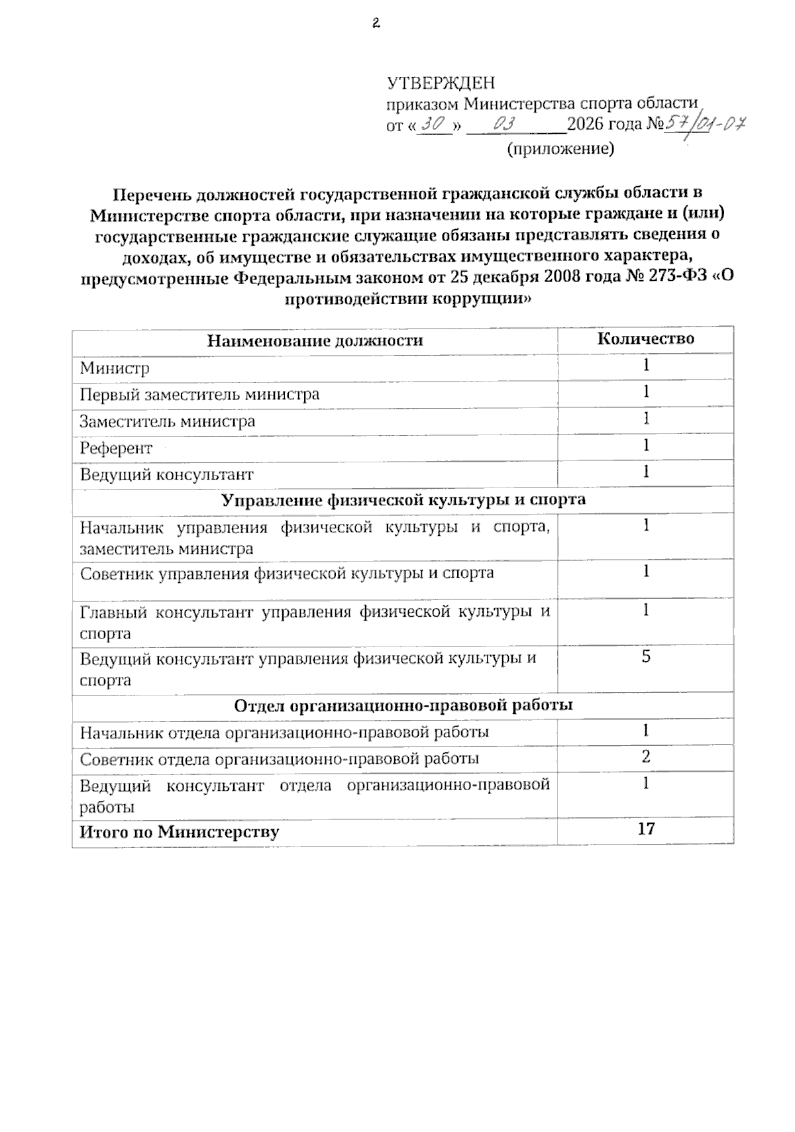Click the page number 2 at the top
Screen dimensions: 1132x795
(x=376, y=24)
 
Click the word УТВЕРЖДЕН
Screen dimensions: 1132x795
(x=441, y=83)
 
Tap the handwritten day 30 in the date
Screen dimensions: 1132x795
(x=435, y=123)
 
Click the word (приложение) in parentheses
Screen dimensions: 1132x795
(x=560, y=148)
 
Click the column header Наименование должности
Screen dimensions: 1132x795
(x=315, y=341)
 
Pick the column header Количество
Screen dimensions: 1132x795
(x=645, y=339)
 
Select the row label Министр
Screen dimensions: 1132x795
(x=115, y=368)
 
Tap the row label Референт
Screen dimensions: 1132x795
(x=116, y=448)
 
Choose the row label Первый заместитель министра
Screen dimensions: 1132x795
(x=199, y=395)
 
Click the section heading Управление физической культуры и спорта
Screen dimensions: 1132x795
(x=403, y=500)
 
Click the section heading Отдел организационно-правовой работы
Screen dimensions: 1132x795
(x=403, y=705)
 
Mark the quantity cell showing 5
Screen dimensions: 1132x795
(x=645, y=657)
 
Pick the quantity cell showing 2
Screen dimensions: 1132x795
(x=645, y=757)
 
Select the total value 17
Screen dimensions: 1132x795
(x=645, y=829)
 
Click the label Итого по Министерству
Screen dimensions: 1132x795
(x=179, y=832)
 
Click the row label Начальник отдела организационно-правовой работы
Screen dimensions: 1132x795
(x=284, y=733)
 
